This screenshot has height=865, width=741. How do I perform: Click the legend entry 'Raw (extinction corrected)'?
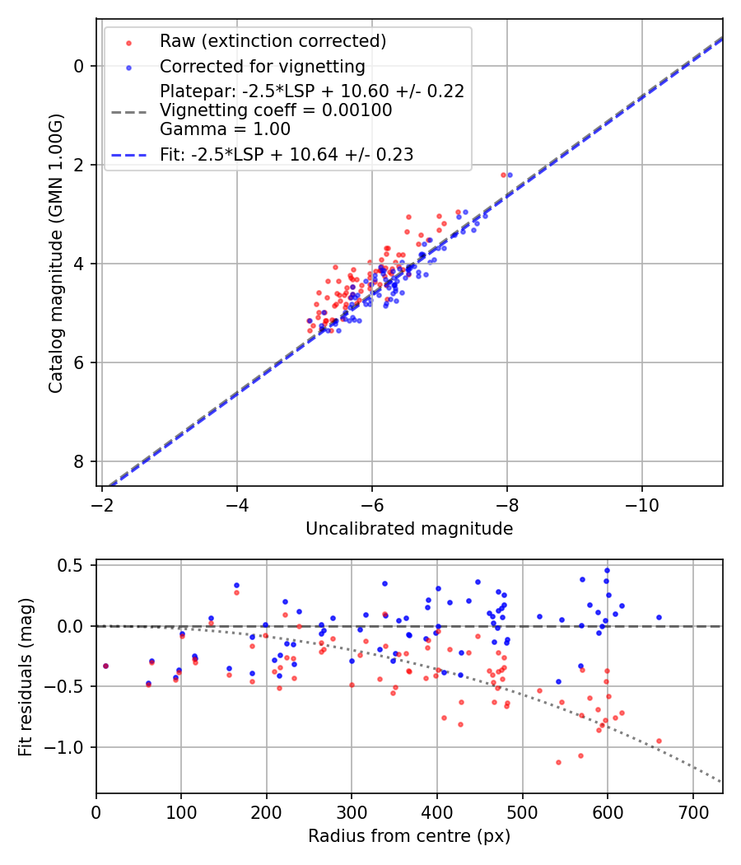(x=273, y=41)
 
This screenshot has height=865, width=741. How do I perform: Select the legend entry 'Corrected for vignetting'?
(x=262, y=66)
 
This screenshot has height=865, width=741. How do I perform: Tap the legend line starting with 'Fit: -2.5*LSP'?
(x=287, y=154)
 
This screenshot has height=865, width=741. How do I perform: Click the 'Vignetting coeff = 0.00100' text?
(x=276, y=110)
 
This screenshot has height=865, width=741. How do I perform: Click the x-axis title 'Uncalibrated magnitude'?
(x=409, y=529)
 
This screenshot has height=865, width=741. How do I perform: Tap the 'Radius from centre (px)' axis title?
(x=409, y=836)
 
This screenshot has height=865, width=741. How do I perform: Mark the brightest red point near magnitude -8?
(x=503, y=175)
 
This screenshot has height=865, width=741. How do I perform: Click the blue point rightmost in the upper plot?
(x=510, y=175)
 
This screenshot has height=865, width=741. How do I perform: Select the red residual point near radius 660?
(x=659, y=741)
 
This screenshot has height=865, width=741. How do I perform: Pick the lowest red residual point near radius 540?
(x=558, y=762)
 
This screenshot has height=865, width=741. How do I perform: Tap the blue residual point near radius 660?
(x=659, y=617)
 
